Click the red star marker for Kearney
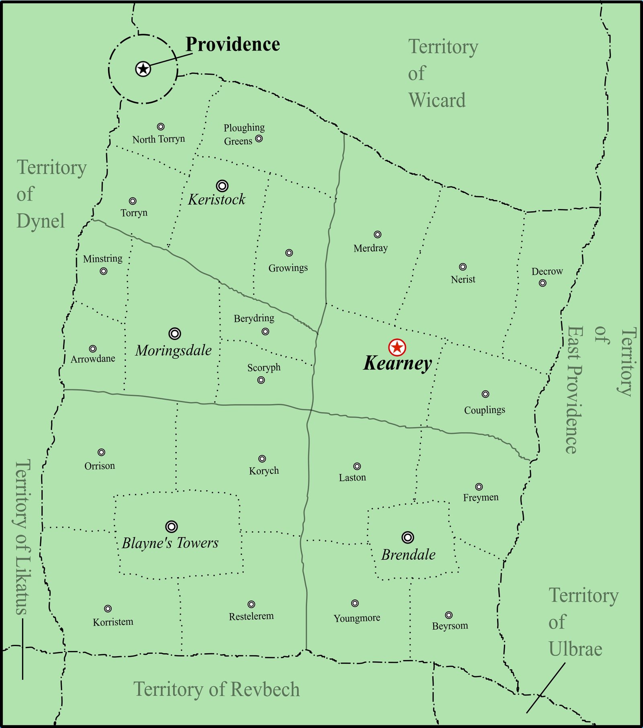397,347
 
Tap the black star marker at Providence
143,69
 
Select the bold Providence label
233,44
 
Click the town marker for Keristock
222,186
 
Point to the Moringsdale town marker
174,333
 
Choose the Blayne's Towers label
170,543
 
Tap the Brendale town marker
408,537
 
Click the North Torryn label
159,139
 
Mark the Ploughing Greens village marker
259,139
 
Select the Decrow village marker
543,283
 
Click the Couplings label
485,410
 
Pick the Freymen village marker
479,487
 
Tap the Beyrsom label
450,626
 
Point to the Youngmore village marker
355,603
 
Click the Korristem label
113,622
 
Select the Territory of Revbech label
217,689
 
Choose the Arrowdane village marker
93,349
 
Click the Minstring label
103,259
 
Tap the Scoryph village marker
261,380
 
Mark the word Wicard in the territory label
437,100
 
